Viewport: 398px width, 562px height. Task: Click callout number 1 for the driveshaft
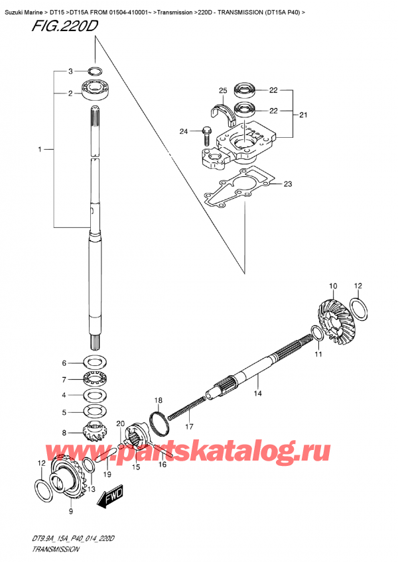tap(41, 151)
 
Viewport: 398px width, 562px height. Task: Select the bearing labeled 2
tap(94, 91)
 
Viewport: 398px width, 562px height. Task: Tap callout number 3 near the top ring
tap(69, 71)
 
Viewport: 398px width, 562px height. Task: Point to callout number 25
tap(222, 91)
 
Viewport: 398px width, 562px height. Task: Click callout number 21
tap(303, 115)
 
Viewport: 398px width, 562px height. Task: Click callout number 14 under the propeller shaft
tap(258, 394)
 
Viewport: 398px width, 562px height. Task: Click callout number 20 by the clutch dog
tap(120, 423)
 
